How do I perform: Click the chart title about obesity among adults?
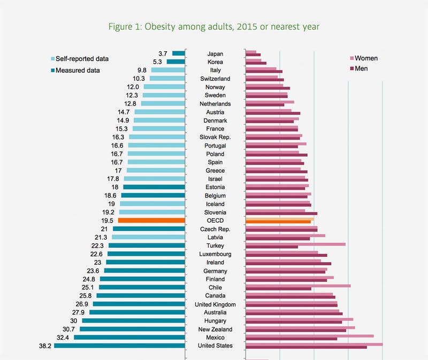tap(214, 26)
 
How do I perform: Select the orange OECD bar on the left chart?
tap(151, 220)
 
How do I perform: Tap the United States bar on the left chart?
tap(119, 346)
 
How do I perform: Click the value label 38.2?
tap(45, 346)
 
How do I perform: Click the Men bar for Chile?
tap(278, 289)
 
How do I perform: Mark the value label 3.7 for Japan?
tap(163, 53)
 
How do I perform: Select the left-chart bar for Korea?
tap(175, 62)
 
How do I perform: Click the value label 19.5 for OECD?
tap(107, 220)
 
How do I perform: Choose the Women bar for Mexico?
tap(309, 336)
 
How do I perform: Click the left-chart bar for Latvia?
tap(148, 237)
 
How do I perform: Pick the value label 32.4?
tap(64, 338)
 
